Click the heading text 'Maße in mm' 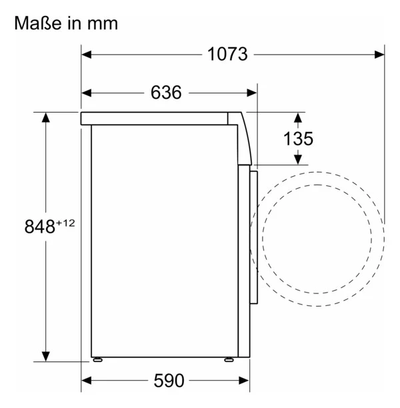click(66, 24)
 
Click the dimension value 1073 click(226, 54)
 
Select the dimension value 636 click(165, 93)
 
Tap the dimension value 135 click(297, 139)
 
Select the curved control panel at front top click(244, 137)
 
